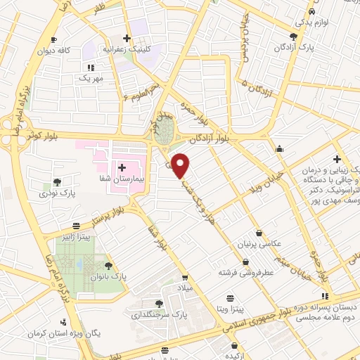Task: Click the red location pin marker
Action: pyautogui.click(x=181, y=165)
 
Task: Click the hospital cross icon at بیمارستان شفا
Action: pyautogui.click(x=123, y=168)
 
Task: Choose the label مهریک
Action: pyautogui.click(x=91, y=79)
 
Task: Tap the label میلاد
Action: pyautogui.click(x=186, y=289)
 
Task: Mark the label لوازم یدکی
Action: pyautogui.click(x=309, y=22)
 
